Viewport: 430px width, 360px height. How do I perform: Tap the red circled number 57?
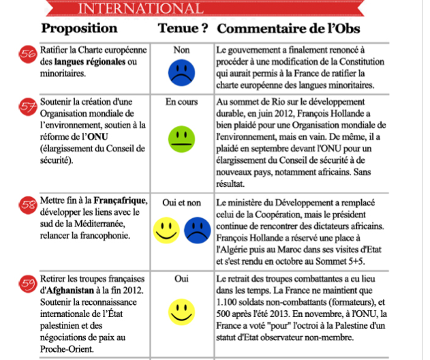(x=29, y=108)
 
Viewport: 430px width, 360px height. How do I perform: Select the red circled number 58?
(x=29, y=205)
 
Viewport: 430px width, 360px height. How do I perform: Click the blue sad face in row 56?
(x=181, y=72)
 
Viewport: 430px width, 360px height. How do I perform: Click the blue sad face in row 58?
(x=197, y=229)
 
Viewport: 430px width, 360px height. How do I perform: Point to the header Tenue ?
(x=183, y=29)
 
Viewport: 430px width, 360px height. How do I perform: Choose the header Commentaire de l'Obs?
(x=288, y=29)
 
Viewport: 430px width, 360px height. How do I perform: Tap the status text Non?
(x=181, y=50)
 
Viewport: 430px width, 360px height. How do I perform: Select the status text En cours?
(x=181, y=102)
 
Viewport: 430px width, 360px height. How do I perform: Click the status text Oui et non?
(x=181, y=203)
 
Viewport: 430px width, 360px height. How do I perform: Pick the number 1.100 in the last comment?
(x=228, y=301)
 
